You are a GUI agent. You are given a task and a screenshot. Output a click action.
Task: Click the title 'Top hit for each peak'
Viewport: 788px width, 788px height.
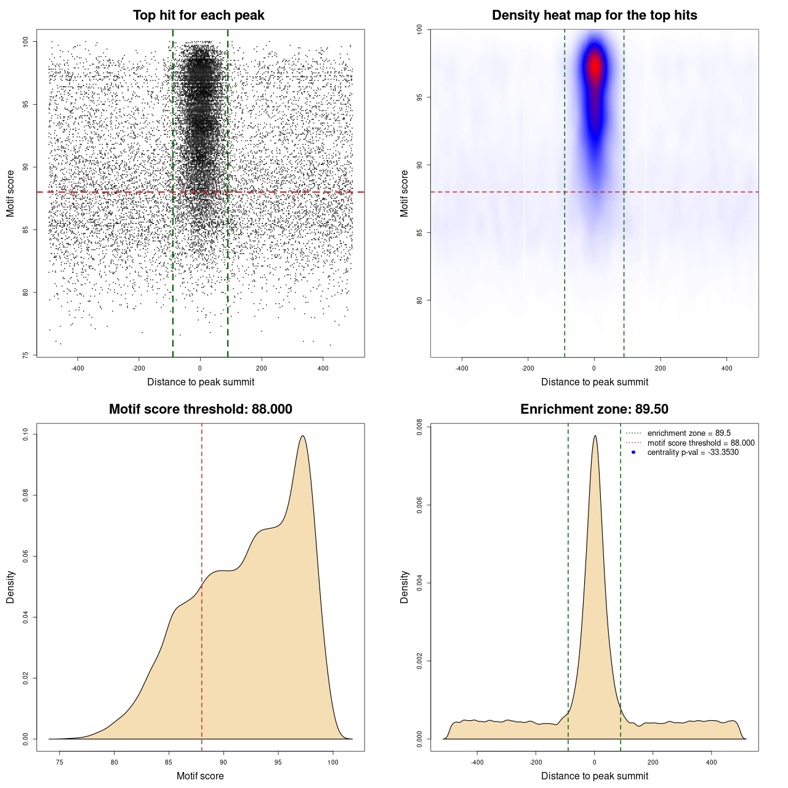198,15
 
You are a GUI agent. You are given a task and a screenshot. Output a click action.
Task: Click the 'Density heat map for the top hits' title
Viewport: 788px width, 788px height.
594,15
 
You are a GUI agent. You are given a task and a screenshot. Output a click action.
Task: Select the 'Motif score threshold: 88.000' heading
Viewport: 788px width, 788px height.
200,409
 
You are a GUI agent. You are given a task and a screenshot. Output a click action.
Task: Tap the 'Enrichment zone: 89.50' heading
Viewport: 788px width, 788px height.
594,409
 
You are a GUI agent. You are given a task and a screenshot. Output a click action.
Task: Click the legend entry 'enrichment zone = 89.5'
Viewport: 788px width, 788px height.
688,433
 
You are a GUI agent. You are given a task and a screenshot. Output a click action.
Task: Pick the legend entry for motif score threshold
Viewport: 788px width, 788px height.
700,443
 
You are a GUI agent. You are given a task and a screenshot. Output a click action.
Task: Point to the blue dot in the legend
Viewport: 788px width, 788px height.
633,452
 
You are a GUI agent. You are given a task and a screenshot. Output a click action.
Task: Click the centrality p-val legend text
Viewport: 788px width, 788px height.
693,452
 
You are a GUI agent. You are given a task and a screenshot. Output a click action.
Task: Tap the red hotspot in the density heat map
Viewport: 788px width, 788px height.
595,65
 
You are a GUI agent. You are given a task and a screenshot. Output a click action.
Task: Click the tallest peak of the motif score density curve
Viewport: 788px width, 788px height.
303,436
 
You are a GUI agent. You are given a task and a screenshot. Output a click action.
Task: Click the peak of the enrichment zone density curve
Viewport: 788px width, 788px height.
595,436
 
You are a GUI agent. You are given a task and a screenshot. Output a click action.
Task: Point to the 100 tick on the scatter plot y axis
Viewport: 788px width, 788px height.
26,41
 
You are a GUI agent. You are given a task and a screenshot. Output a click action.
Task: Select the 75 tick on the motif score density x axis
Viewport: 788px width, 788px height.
60,762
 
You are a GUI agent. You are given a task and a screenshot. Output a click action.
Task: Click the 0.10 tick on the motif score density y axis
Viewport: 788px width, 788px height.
26,435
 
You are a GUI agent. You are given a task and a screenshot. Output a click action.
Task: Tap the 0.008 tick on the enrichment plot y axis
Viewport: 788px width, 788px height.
420,428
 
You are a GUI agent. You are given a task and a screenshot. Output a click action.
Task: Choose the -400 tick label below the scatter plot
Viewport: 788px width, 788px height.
78,368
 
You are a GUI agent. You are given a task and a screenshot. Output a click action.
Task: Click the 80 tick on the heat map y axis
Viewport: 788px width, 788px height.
420,300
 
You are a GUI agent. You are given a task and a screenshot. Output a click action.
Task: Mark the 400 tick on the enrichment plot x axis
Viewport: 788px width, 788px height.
712,762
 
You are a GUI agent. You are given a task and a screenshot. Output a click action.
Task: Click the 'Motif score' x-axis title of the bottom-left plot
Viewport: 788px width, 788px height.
200,776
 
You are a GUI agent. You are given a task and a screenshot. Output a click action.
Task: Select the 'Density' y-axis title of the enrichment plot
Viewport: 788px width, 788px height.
404,587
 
